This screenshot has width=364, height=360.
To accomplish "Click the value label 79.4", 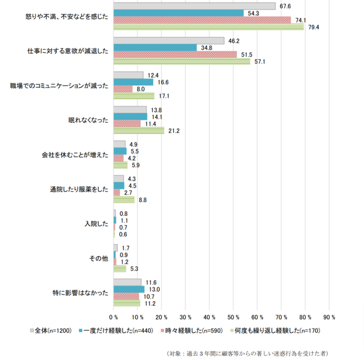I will [313, 27].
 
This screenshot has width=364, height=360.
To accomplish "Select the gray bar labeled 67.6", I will [194, 6].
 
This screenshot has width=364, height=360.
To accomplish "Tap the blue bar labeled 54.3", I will [178, 13].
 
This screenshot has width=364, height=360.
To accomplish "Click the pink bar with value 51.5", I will [175, 54].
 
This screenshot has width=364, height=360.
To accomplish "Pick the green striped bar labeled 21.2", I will [139, 130].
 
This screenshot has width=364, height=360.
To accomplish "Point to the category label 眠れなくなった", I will [89, 120].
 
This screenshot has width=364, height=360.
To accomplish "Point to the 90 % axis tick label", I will [329, 316].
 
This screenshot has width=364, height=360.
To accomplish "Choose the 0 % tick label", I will [114, 316].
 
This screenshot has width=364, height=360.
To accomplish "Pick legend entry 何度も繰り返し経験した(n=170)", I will [270, 331].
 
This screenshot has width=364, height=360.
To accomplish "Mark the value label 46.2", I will [233, 40].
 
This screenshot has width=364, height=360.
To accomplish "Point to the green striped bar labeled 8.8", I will [124, 200].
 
